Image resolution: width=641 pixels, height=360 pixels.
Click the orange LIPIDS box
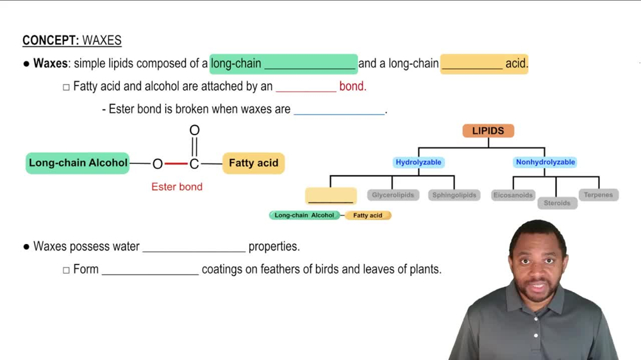[x=488, y=131]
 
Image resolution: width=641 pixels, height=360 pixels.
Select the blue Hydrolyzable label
[x=419, y=163]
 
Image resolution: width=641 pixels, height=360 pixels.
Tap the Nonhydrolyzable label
[x=545, y=163]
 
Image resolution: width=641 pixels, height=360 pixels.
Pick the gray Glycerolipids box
[x=393, y=195]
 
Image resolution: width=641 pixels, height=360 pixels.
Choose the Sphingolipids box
[x=454, y=195]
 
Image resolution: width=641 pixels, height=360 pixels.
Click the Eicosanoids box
[x=513, y=195]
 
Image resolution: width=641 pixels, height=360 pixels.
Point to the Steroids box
[x=556, y=203]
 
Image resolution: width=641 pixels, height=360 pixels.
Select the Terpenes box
[x=598, y=195]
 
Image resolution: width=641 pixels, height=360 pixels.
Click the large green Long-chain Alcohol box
[x=78, y=163]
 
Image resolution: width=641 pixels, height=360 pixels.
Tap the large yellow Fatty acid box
[x=253, y=163]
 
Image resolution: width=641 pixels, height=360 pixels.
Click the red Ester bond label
[x=177, y=187]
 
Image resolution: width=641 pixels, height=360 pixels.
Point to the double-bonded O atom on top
[x=194, y=131]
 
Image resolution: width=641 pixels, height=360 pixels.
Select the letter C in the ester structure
[x=194, y=164]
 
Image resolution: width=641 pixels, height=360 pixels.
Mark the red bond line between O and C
[x=176, y=164]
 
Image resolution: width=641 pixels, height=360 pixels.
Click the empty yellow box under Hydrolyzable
[x=331, y=195]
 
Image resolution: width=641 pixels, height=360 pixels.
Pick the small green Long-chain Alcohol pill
[x=304, y=215]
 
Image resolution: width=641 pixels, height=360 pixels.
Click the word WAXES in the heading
[x=102, y=40]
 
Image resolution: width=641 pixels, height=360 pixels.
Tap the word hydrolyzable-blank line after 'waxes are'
[x=339, y=110]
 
